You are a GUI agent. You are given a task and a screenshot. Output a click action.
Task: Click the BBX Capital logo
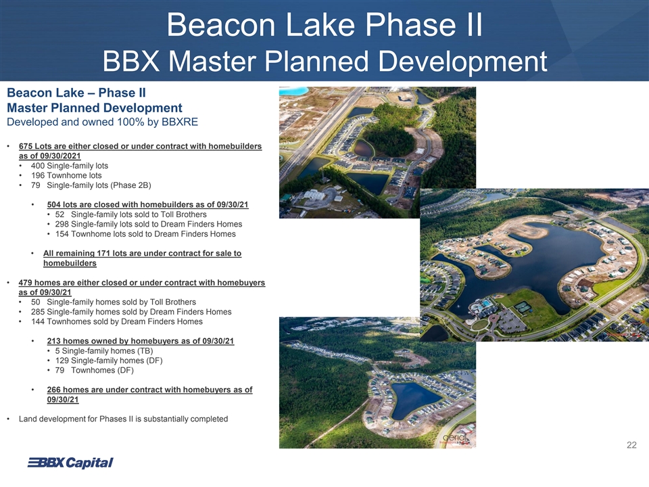70,463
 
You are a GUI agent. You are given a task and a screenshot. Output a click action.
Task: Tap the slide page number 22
631,445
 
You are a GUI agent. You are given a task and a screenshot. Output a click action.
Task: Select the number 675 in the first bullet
26,146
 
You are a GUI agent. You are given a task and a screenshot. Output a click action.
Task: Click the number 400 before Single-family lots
38,166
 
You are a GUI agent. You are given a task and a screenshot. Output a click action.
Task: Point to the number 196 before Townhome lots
38,176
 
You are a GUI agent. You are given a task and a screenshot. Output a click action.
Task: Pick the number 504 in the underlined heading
54,204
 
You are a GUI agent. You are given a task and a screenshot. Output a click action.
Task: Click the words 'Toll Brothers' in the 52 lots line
183,214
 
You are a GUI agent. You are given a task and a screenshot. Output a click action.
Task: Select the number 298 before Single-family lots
62,225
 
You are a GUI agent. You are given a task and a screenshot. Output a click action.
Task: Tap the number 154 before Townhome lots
62,234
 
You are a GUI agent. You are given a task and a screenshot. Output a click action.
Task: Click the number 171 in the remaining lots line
103,254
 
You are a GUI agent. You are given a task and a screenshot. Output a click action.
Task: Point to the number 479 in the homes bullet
25,283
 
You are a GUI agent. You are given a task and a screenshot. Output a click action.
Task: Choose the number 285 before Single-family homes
38,312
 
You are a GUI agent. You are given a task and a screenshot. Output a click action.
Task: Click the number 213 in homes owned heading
54,341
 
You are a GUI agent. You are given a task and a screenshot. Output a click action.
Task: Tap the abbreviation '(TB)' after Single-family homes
145,351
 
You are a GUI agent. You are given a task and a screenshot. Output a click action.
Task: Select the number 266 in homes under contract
54,390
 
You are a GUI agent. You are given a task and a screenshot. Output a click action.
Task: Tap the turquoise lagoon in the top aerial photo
293,91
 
